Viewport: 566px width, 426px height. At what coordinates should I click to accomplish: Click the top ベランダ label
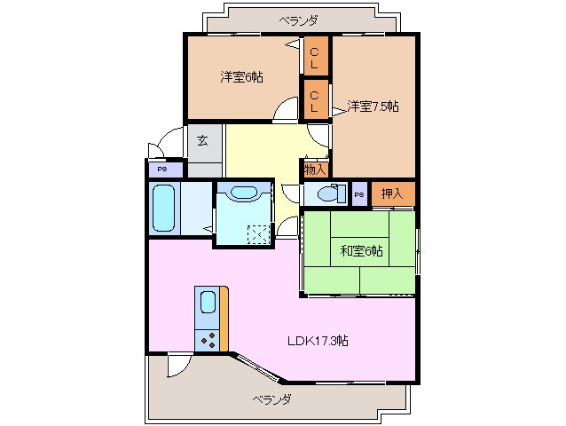tap(297, 20)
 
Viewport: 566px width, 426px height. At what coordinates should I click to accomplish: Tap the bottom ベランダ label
tap(270, 399)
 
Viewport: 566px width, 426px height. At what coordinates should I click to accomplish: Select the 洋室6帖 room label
tap(240, 77)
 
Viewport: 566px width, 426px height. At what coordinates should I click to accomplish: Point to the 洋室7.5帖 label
tap(373, 106)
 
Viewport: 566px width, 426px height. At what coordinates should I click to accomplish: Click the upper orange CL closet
tap(315, 56)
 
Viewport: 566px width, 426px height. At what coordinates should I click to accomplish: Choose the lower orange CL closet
tap(315, 99)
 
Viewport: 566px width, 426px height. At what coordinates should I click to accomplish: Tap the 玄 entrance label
tap(203, 140)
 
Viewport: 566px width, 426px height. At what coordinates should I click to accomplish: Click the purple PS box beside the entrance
tap(163, 168)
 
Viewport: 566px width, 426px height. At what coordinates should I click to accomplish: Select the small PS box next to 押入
tap(359, 194)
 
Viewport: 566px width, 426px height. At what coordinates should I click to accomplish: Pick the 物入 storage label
tap(315, 168)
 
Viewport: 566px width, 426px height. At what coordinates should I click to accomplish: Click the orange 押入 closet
tap(392, 193)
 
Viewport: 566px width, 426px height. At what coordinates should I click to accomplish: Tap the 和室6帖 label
tap(361, 251)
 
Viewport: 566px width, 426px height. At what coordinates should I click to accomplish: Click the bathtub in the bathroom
tap(164, 209)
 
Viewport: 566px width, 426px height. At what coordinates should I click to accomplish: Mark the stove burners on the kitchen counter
tap(208, 339)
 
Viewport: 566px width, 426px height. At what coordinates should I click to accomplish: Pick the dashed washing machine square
tap(258, 233)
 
